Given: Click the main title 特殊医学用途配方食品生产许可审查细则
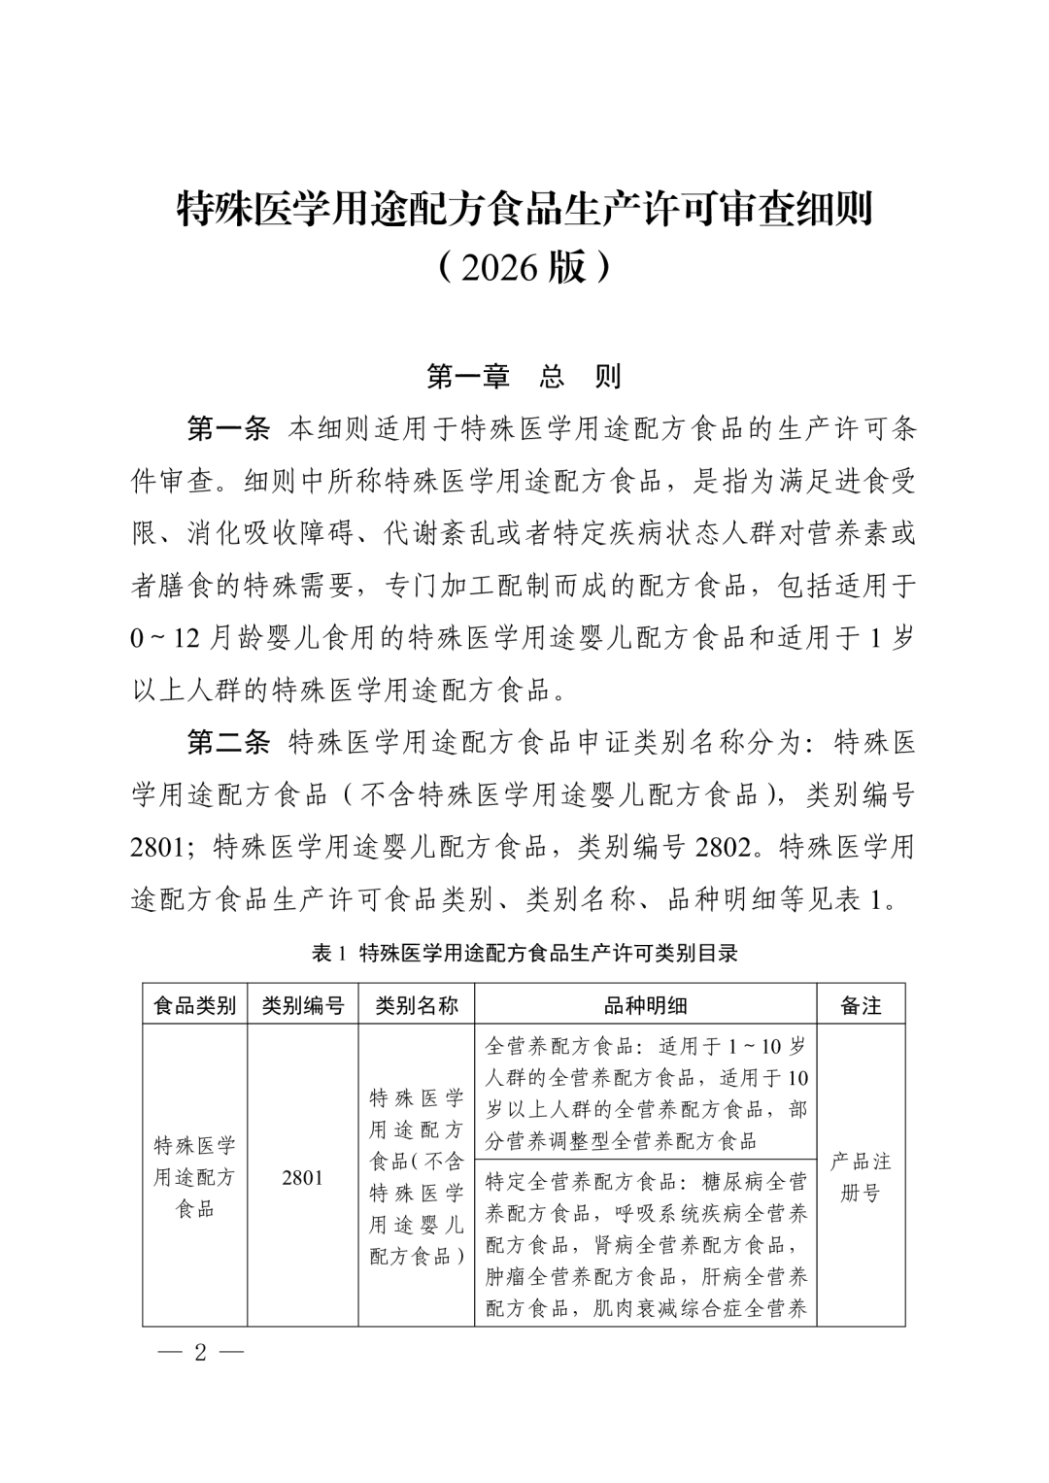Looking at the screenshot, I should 524,209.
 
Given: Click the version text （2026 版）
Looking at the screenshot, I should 524,267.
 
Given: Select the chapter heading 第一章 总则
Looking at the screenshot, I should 524,377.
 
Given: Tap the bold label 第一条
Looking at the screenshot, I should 228,428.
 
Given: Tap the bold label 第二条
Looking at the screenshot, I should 228,743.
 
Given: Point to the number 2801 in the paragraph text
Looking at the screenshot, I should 157,847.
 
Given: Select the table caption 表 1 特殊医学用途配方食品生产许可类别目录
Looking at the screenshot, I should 524,953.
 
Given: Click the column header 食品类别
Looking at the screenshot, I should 195,1005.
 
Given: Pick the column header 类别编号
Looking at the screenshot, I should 303,1005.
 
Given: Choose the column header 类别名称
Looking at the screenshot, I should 417,1005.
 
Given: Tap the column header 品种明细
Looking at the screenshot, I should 646,1005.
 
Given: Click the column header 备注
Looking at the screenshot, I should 861,1005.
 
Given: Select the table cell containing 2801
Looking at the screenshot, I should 303,1177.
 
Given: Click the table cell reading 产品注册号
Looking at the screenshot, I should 861,1177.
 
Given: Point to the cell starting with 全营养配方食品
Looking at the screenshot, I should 646,1093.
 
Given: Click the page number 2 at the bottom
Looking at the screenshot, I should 201,1353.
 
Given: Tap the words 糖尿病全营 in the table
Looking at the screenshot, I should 753,1182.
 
